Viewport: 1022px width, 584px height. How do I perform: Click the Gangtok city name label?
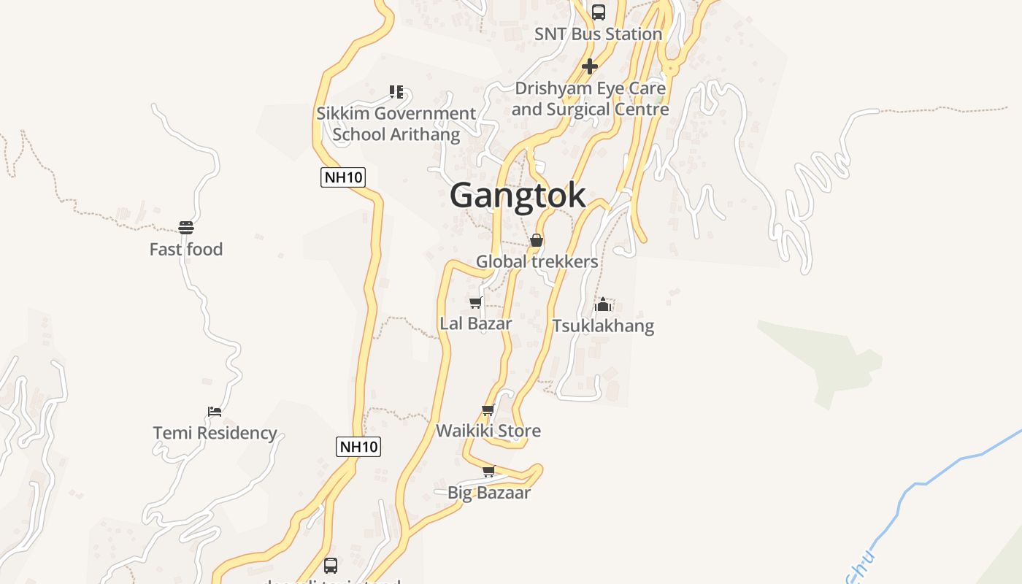(518, 196)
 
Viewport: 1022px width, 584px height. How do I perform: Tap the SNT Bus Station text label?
(598, 34)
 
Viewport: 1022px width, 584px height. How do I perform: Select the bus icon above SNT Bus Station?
(599, 12)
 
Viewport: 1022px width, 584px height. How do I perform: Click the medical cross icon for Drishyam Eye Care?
(590, 66)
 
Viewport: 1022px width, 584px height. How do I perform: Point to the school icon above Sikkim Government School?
(396, 91)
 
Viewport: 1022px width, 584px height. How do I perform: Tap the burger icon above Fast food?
(186, 227)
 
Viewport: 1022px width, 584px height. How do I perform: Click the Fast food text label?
(186, 250)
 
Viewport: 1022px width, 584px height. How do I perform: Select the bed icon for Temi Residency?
(215, 411)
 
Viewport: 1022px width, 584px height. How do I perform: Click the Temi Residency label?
(215, 433)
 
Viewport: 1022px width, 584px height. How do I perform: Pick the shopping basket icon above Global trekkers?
(537, 240)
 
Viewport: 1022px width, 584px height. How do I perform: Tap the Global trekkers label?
(537, 261)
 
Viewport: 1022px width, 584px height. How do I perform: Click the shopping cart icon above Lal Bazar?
(476, 302)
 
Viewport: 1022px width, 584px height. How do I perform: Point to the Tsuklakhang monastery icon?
(603, 304)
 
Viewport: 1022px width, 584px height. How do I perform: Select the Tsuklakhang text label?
(603, 326)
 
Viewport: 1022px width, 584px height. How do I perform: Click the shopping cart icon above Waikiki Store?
(488, 410)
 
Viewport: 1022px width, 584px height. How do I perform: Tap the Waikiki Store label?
(488, 431)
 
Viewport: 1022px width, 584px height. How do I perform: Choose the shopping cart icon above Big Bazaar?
(489, 471)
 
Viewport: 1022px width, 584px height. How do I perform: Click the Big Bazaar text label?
(489, 493)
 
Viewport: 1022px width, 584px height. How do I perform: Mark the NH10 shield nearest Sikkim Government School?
(342, 177)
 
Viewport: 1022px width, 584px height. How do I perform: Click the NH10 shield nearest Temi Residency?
(358, 447)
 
